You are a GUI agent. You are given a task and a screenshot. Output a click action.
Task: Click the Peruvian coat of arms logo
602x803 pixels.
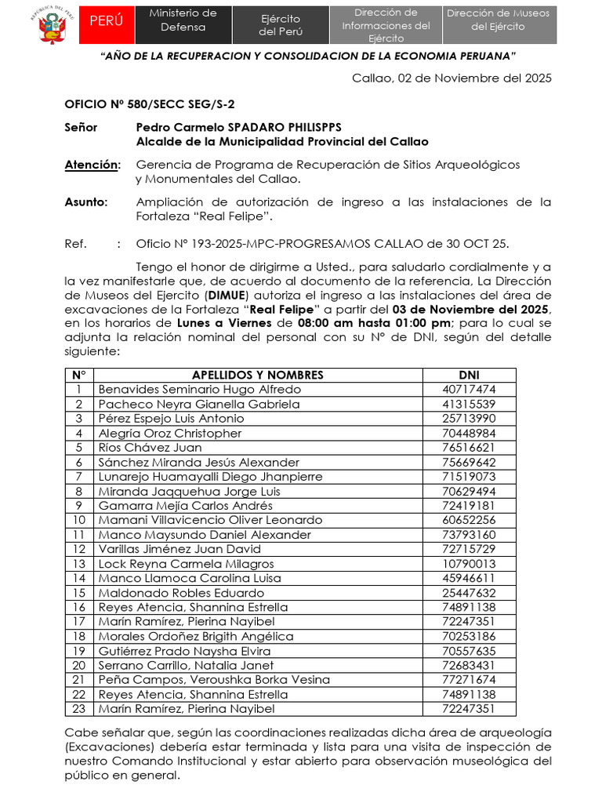(53, 25)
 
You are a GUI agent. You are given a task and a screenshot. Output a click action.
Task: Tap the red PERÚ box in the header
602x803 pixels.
(111, 21)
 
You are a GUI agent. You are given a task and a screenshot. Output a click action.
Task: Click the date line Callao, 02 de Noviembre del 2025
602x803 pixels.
(451, 78)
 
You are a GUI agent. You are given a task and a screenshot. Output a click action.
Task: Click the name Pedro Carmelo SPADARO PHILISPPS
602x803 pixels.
(239, 127)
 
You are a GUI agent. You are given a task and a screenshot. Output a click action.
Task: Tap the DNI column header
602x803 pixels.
(469, 375)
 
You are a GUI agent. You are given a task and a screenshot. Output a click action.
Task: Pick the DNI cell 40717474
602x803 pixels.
(469, 389)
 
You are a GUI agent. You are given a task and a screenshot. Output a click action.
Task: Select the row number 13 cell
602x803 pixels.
(78, 564)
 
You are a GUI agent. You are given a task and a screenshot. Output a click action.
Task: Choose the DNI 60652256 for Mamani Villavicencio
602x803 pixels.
(469, 520)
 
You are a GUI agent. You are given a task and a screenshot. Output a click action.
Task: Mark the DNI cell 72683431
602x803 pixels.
(469, 666)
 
